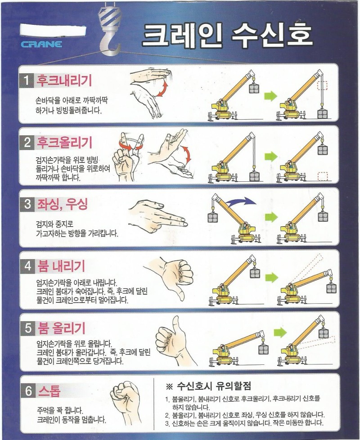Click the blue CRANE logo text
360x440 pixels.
pyautogui.click(x=41, y=44)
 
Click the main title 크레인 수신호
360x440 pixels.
pyautogui.click(x=227, y=35)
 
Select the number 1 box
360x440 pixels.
pyautogui.click(x=27, y=81)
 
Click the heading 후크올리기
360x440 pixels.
pyautogui.click(x=64, y=143)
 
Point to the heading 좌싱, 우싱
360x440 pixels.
pyautogui.click(x=63, y=204)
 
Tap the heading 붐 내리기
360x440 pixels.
pyautogui.click(x=61, y=266)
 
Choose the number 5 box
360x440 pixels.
pyautogui.click(x=28, y=328)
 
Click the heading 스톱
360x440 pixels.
pyautogui.click(x=49, y=391)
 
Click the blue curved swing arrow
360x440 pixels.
pyautogui.click(x=241, y=201)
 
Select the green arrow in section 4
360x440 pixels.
pyautogui.click(x=271, y=278)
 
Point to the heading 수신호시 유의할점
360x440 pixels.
pyautogui.click(x=214, y=386)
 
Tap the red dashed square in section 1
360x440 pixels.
pyautogui.click(x=322, y=85)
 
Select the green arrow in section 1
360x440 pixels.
pyautogui.click(x=270, y=96)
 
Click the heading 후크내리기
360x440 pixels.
pyautogui.click(x=64, y=81)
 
